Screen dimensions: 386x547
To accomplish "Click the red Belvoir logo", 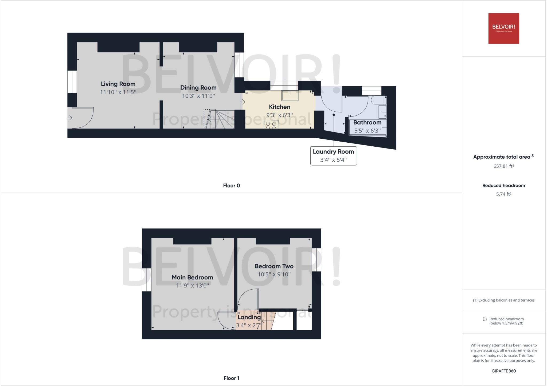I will click(x=503, y=28).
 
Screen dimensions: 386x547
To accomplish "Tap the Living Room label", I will click(x=118, y=84).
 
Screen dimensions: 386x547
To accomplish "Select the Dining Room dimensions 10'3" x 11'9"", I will click(x=198, y=96).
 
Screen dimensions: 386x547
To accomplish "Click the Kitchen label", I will click(x=279, y=107).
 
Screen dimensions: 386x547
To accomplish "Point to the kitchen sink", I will click(x=290, y=96).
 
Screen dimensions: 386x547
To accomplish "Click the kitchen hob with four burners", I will click(x=271, y=124).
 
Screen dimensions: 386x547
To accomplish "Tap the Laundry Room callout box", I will click(x=333, y=156).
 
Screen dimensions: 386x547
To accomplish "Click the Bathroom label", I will click(x=367, y=123).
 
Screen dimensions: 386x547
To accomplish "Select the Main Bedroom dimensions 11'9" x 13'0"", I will click(x=192, y=286).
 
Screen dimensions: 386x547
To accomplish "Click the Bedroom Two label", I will click(x=274, y=266).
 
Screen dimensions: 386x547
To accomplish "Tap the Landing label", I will click(x=249, y=317).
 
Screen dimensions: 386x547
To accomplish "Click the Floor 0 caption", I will click(x=231, y=186).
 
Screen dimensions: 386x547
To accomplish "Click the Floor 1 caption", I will click(x=231, y=378).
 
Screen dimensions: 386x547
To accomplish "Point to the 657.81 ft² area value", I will click(x=503, y=166).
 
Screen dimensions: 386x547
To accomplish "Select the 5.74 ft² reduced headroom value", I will click(x=503, y=194).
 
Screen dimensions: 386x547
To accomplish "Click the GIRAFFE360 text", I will click(x=503, y=371).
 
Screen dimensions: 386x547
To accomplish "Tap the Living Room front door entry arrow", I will click(x=69, y=118).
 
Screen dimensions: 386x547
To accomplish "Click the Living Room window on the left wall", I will click(x=72, y=81).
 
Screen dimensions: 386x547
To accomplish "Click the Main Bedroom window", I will click(x=147, y=280).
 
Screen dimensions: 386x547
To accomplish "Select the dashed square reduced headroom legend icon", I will click(x=485, y=319).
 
